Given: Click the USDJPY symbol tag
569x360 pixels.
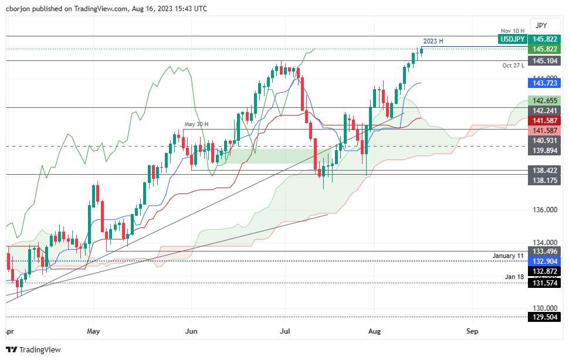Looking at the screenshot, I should (512, 39).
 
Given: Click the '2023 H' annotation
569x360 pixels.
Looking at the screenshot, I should (433, 41).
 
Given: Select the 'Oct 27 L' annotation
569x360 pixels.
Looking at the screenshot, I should (512, 65).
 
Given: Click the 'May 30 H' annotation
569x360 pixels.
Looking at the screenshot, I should (197, 124).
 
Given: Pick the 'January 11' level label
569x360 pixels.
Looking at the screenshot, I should (507, 256).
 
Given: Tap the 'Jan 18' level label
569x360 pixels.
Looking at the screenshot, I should (514, 276).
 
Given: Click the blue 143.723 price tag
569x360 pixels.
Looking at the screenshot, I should (544, 83).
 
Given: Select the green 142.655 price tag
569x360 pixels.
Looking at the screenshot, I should (544, 100).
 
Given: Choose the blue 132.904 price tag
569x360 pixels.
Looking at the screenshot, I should (544, 261).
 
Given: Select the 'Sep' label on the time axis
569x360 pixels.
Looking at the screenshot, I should (473, 331).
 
